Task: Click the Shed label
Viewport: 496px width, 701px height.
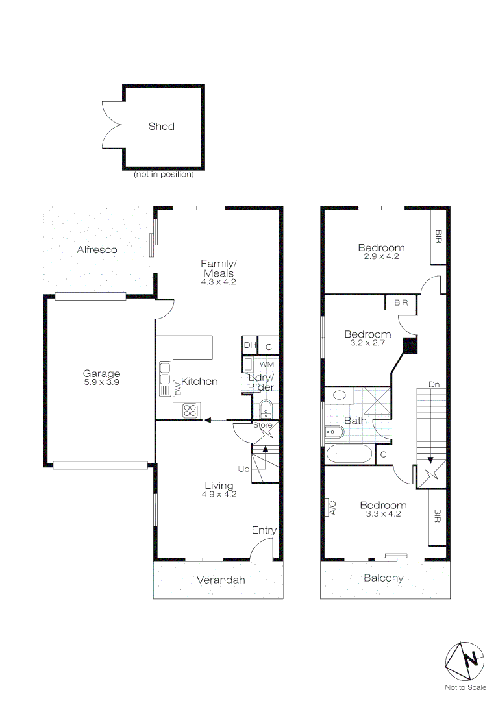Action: point(161,127)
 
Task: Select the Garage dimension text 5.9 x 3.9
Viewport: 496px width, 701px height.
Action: point(101,383)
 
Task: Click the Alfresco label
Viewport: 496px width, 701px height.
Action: point(97,250)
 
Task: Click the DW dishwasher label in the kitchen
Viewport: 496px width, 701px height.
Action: point(177,388)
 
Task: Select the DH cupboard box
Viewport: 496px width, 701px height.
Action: point(250,345)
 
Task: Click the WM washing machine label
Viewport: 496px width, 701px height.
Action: point(267,365)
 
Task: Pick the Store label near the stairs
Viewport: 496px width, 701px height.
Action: point(262,425)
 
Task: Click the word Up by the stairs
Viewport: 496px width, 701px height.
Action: point(243,469)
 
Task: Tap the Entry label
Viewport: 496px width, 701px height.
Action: point(264,531)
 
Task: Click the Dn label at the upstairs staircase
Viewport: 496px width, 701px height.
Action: point(434,385)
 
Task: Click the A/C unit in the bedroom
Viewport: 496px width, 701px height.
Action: point(332,507)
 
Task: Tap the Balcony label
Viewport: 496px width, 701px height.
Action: point(383,578)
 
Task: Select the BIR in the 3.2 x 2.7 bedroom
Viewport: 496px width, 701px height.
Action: point(401,302)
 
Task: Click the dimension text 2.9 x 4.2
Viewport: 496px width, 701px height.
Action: point(381,256)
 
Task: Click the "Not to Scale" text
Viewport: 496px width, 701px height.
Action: point(465,687)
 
